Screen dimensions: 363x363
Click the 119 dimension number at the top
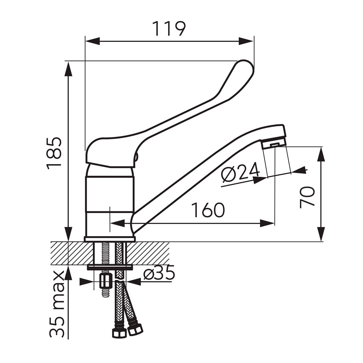[169, 29]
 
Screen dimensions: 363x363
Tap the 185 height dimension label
[54, 153]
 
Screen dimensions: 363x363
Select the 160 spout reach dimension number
[208, 210]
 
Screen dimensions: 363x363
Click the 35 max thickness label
[57, 304]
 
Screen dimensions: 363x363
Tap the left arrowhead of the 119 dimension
[92, 41]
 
